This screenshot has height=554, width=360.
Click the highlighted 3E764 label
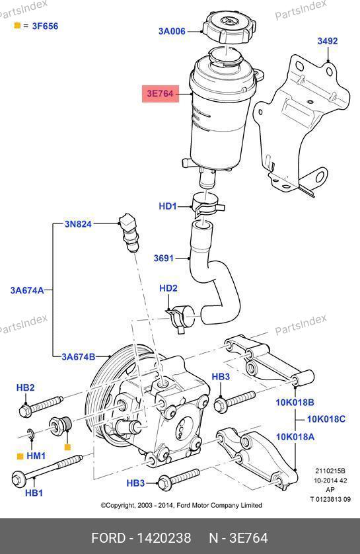(161, 94)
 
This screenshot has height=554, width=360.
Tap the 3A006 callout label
(172, 31)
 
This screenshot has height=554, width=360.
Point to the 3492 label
(327, 41)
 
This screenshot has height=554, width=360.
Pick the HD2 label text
(168, 288)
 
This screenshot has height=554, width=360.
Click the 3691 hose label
(164, 258)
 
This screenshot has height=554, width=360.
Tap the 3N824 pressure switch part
(128, 231)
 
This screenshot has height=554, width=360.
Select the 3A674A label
(27, 290)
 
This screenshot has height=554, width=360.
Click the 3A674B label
(79, 357)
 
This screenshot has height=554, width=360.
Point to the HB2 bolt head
(25, 411)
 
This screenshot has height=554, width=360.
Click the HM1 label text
(36, 456)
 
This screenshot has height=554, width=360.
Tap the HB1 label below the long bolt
(34, 493)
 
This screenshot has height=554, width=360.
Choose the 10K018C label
(326, 419)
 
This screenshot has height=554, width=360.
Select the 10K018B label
(295, 403)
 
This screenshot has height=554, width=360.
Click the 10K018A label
(295, 437)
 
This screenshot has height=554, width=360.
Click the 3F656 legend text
(45, 26)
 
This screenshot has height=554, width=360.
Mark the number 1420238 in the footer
(164, 538)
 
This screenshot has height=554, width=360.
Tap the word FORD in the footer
(108, 538)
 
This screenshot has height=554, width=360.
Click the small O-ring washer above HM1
(31, 434)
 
